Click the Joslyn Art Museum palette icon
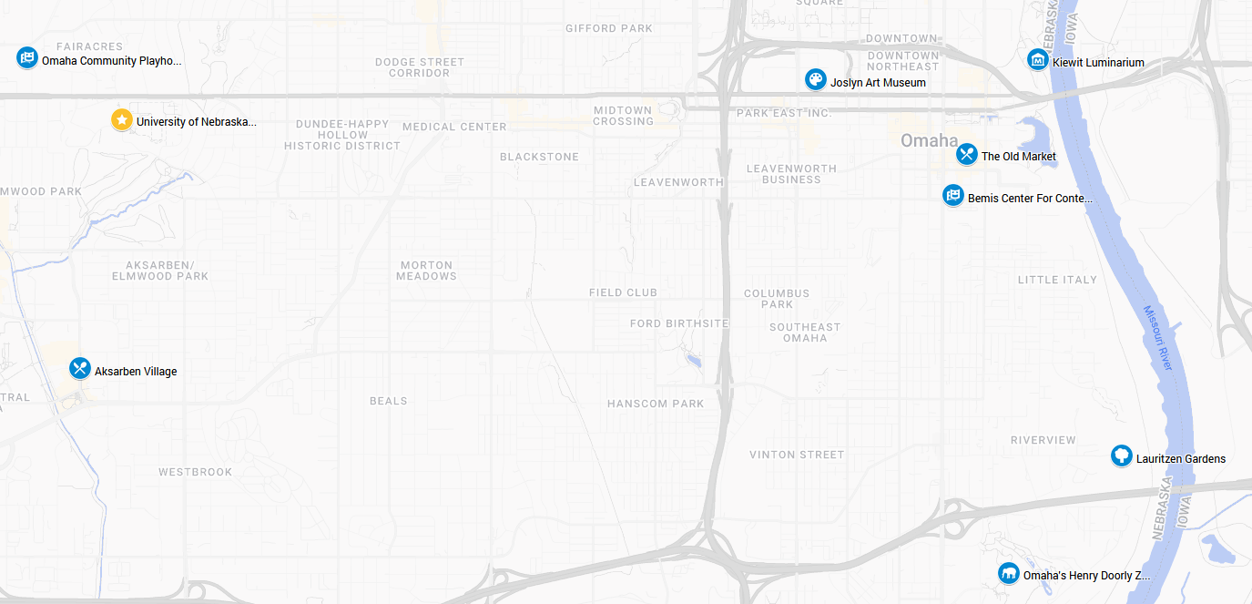tap(815, 80)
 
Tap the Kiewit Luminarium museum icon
tap(1037, 60)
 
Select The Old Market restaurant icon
tap(966, 155)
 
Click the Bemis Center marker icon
tap(952, 196)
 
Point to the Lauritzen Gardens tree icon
tap(1121, 456)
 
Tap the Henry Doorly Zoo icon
tap(1008, 574)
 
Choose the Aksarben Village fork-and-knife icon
tap(80, 369)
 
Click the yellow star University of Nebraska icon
tap(121, 120)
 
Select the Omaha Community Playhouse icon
tap(27, 58)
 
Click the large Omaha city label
tap(929, 140)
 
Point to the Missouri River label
tap(1158, 338)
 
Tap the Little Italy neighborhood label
tap(1057, 280)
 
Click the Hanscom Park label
tap(656, 404)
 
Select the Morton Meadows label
tap(426, 271)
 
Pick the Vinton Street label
tap(797, 455)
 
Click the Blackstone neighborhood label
tap(539, 157)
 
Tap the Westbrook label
tap(195, 472)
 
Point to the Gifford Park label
tap(609, 28)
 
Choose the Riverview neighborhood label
tap(1043, 440)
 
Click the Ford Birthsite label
tap(679, 323)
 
